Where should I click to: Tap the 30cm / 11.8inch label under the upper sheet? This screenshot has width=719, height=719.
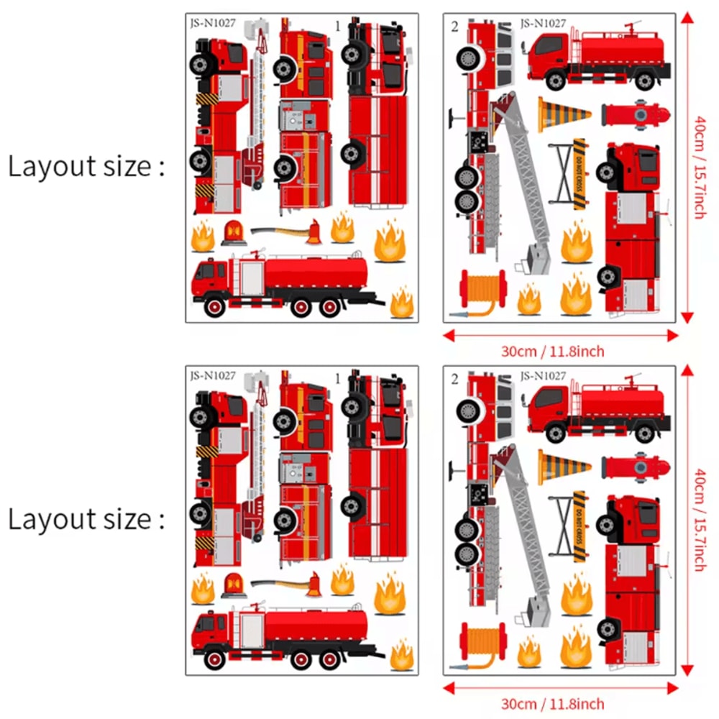click(562, 352)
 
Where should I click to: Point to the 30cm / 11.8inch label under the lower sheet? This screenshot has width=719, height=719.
click(562, 703)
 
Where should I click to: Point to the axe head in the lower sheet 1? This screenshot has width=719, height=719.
click(313, 585)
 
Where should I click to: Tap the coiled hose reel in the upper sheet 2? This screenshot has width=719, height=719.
click(483, 288)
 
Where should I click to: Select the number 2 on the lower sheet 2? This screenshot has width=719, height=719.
click(454, 378)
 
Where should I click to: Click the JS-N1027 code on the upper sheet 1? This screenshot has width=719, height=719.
click(213, 23)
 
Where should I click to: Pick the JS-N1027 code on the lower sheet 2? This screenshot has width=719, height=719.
click(543, 375)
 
